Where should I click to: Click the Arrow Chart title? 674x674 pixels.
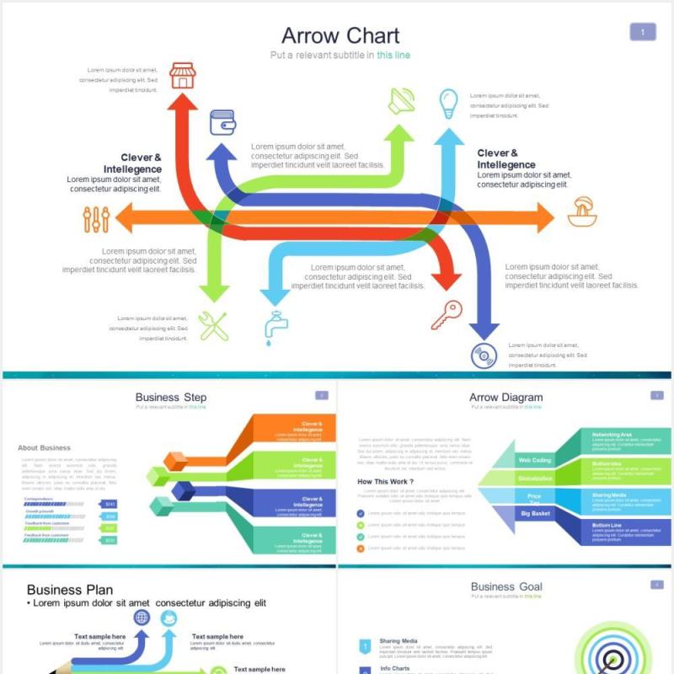tap(340, 36)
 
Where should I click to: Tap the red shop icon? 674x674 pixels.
tap(182, 76)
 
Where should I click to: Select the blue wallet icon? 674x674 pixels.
tap(222, 122)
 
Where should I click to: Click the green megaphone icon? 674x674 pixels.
tap(401, 102)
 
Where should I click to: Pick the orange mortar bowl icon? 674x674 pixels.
tap(582, 212)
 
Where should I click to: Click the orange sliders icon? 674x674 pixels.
tap(97, 219)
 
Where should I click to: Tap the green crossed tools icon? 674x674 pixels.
tap(213, 326)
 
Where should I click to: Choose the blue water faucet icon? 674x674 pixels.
tap(274, 327)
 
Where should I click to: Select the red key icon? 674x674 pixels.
tap(447, 315)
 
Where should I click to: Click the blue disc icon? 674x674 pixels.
tap(484, 356)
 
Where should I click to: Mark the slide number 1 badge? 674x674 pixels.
tap(643, 33)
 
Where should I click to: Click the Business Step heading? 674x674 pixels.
tap(171, 398)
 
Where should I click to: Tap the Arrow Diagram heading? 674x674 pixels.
tap(505, 398)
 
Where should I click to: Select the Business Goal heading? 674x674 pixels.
tap(506, 587)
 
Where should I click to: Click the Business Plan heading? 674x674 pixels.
tap(70, 590)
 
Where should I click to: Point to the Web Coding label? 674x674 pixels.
tap(535, 461)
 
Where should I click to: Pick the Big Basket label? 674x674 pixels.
tap(535, 513)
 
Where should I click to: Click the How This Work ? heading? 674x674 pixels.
tap(386, 482)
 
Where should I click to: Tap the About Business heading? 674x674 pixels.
tap(44, 448)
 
